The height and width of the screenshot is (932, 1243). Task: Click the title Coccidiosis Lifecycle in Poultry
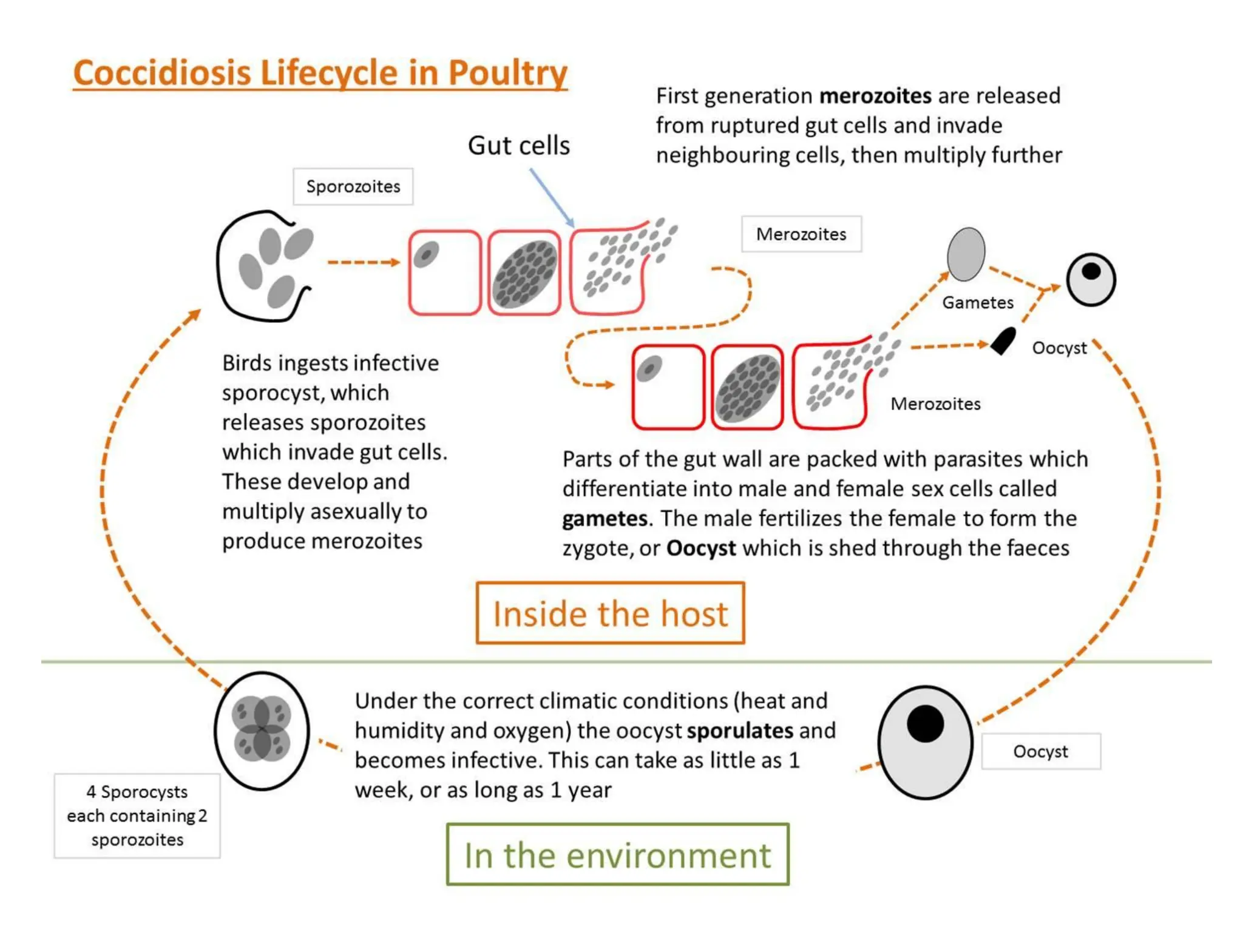pyautogui.click(x=320, y=73)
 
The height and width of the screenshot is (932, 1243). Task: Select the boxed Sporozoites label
pyautogui.click(x=353, y=186)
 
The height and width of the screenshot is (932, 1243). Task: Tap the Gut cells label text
pyautogui.click(x=518, y=146)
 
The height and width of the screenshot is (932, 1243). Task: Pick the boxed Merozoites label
pyautogui.click(x=801, y=234)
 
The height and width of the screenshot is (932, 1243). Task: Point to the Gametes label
pyautogui.click(x=977, y=302)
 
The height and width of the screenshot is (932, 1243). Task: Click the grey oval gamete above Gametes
pyautogui.click(x=966, y=254)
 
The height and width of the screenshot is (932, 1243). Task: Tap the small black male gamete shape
pyautogui.click(x=1003, y=341)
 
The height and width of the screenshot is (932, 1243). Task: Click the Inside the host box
pyautogui.click(x=610, y=613)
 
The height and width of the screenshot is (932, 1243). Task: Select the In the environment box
pyautogui.click(x=617, y=854)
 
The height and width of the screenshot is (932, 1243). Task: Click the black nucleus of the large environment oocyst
pyautogui.click(x=925, y=723)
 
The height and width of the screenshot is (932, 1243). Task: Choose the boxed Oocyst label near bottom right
pyautogui.click(x=1040, y=751)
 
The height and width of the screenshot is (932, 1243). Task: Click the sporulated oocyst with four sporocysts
pyautogui.click(x=262, y=731)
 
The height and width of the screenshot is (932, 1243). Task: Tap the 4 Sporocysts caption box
pyautogui.click(x=137, y=815)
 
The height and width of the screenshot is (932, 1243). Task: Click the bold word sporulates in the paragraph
pyautogui.click(x=740, y=731)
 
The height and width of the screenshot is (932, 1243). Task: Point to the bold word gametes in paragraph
pyautogui.click(x=605, y=519)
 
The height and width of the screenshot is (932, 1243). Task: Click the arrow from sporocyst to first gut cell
pyautogui.click(x=363, y=262)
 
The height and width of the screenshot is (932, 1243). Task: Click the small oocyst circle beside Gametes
pyautogui.click(x=1091, y=280)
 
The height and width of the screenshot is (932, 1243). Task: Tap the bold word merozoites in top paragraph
pyautogui.click(x=875, y=96)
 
